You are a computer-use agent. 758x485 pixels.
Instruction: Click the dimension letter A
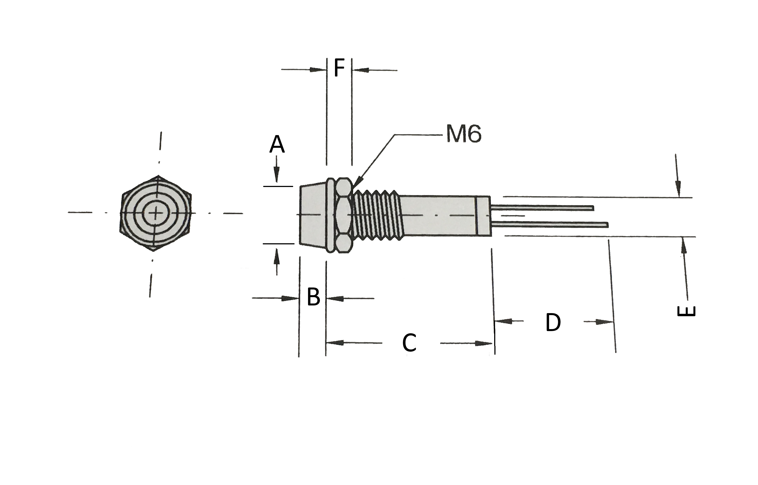pyautogui.click(x=277, y=144)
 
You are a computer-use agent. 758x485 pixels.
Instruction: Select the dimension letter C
pyautogui.click(x=409, y=343)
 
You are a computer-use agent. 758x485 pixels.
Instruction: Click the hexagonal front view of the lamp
pyautogui.click(x=156, y=213)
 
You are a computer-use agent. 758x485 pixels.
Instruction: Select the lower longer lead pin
pyautogui.click(x=550, y=225)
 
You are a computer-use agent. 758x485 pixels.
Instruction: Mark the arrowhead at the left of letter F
pyautogui.click(x=318, y=70)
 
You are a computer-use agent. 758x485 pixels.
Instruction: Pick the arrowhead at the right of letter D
pyautogui.click(x=605, y=322)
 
